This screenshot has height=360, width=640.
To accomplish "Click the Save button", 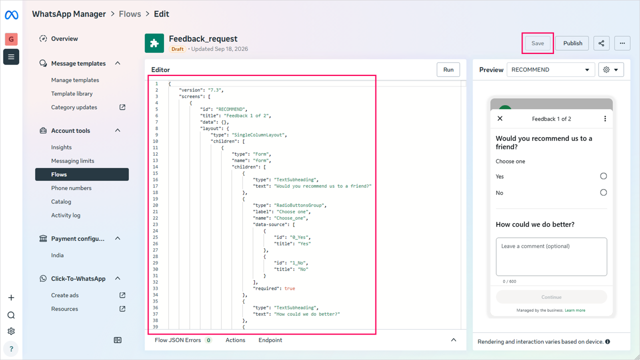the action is pyautogui.click(x=537, y=43).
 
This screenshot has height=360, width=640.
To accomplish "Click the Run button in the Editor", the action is pyautogui.click(x=448, y=69).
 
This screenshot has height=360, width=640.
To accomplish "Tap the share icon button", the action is pyautogui.click(x=601, y=43).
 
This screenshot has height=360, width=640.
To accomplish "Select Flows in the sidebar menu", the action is pyautogui.click(x=82, y=174).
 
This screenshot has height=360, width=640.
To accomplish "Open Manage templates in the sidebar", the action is pyautogui.click(x=75, y=80).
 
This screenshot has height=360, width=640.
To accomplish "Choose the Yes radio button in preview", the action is pyautogui.click(x=603, y=176).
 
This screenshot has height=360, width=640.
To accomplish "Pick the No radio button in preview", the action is pyautogui.click(x=603, y=192).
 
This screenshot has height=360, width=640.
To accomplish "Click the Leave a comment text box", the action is pyautogui.click(x=551, y=256).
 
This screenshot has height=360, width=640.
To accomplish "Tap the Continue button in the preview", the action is pyautogui.click(x=551, y=297).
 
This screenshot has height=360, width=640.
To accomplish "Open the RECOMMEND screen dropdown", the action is pyautogui.click(x=550, y=69).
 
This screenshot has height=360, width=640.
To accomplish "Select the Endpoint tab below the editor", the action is pyautogui.click(x=270, y=340).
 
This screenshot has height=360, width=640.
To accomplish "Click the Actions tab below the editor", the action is pyautogui.click(x=235, y=340).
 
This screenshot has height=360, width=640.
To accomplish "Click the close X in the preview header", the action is pyautogui.click(x=500, y=118).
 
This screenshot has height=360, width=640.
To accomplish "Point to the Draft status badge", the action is pyautogui.click(x=177, y=49).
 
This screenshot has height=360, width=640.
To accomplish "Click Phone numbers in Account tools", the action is pyautogui.click(x=71, y=188).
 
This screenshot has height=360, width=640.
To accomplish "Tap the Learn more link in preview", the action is pyautogui.click(x=575, y=310).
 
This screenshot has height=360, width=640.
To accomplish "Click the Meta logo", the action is pyautogui.click(x=11, y=15).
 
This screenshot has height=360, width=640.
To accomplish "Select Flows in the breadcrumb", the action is pyautogui.click(x=130, y=14).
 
